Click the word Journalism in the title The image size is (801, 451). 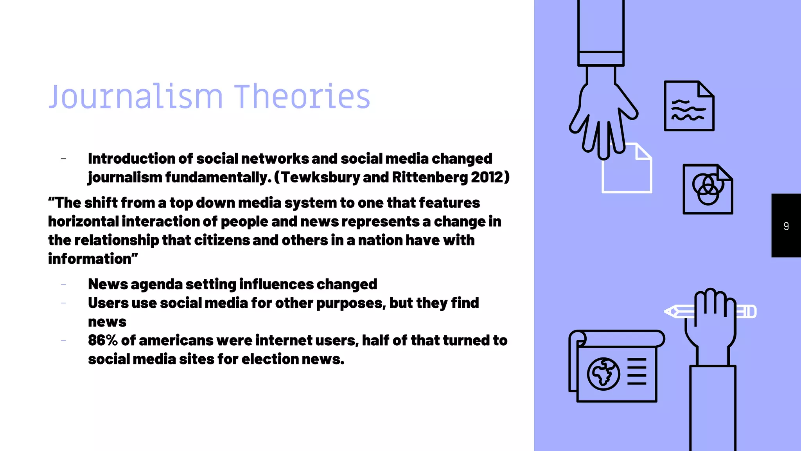click(135, 97)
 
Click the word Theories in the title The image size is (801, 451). click(302, 97)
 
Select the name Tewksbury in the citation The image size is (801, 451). click(320, 177)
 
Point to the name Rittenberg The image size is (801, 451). click(429, 177)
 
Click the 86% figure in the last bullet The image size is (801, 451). click(102, 340)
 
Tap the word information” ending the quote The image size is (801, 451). click(93, 259)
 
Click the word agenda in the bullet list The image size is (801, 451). click(156, 285)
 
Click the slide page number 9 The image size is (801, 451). click(786, 226)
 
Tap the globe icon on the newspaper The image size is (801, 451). click(603, 374)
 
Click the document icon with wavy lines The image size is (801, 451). click(689, 106)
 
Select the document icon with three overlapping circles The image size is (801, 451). click(708, 189)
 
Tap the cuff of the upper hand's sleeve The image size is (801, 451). click(601, 59)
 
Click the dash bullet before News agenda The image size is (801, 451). click(63, 285)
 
